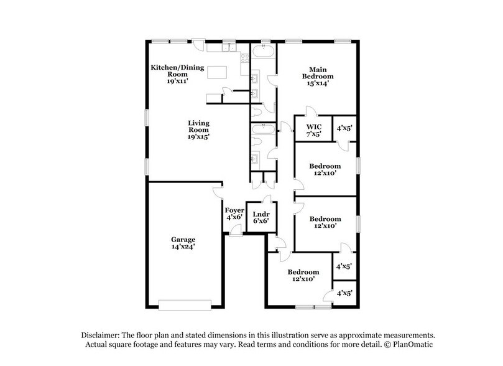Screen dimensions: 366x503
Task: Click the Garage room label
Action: coord(183,238)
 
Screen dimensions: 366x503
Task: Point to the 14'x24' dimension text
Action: coord(183,247)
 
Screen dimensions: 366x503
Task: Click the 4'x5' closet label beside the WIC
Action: coord(344,129)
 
